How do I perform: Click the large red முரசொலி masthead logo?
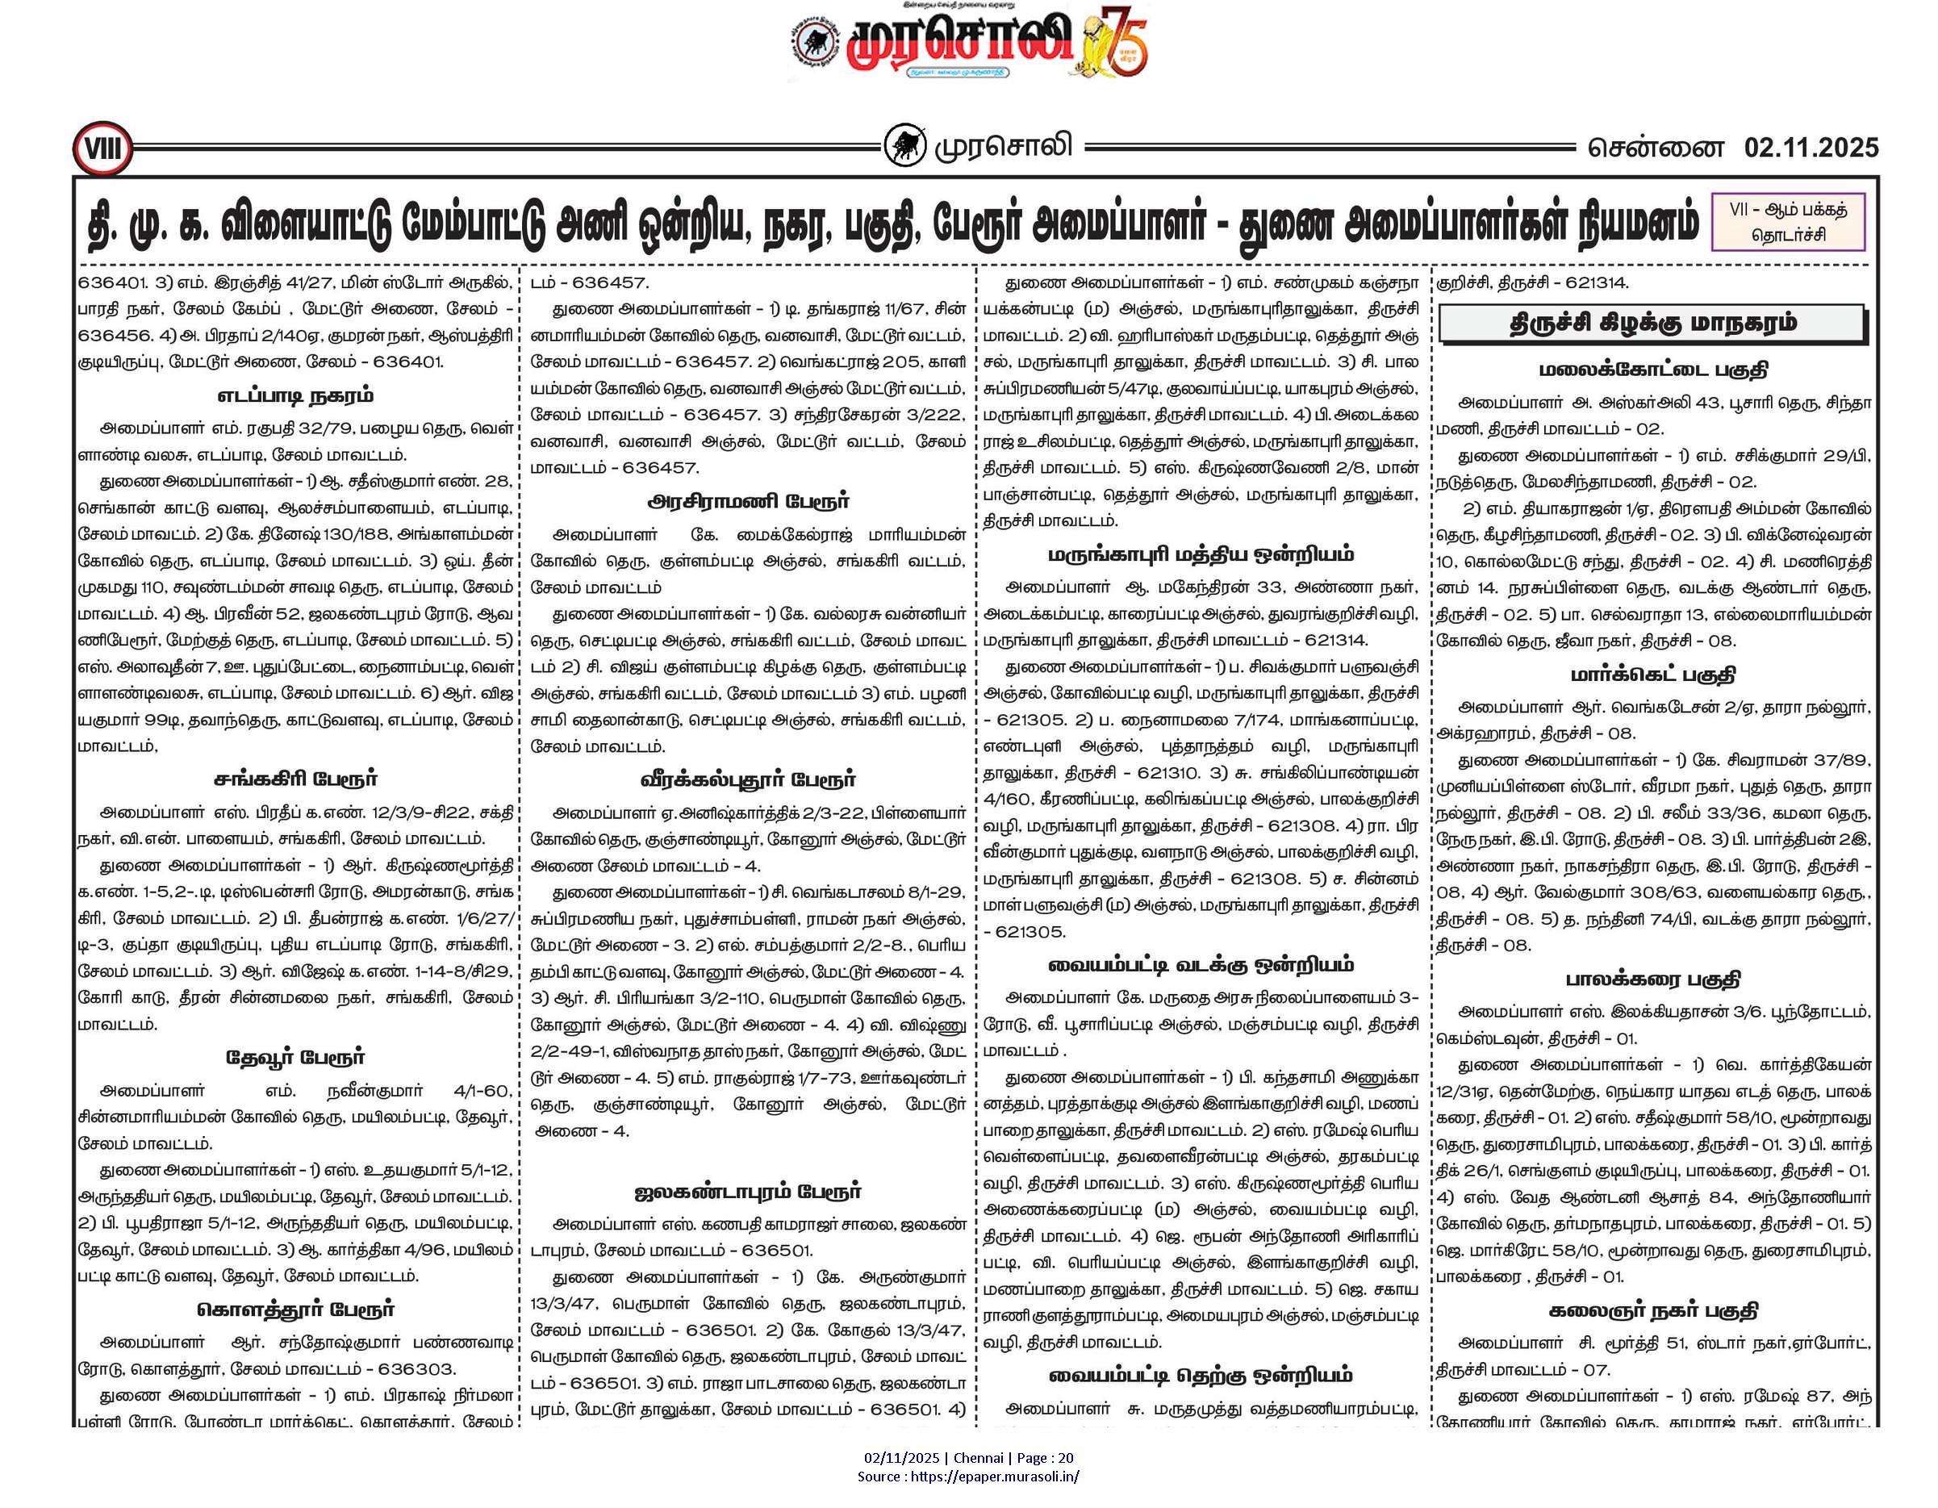click(x=959, y=42)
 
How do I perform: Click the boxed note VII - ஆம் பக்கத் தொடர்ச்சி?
click(x=1787, y=222)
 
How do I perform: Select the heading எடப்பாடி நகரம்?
click(x=294, y=396)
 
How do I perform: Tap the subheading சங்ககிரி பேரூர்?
click(x=294, y=779)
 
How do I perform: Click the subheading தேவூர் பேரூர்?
click(x=294, y=1057)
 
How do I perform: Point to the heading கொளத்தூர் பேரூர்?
click(x=294, y=1310)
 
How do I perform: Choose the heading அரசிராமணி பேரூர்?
click(x=748, y=502)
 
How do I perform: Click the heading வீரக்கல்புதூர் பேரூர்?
click(x=748, y=779)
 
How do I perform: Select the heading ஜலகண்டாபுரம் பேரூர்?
click(x=748, y=1191)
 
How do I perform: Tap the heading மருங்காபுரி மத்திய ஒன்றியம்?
click(x=1201, y=555)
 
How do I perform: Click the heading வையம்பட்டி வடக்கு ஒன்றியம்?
click(x=1201, y=965)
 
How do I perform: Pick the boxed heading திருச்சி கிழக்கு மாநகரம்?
click(x=1652, y=323)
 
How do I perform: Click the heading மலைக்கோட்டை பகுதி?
click(x=1652, y=370)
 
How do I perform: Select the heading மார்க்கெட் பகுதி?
click(x=1652, y=675)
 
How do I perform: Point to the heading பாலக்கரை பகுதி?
click(x=1652, y=979)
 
